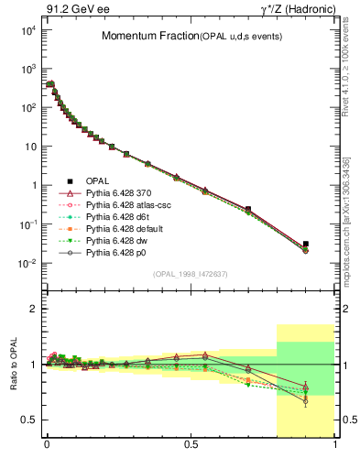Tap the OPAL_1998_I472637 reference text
tap(190, 273)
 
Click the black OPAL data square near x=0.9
tap(306, 245)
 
